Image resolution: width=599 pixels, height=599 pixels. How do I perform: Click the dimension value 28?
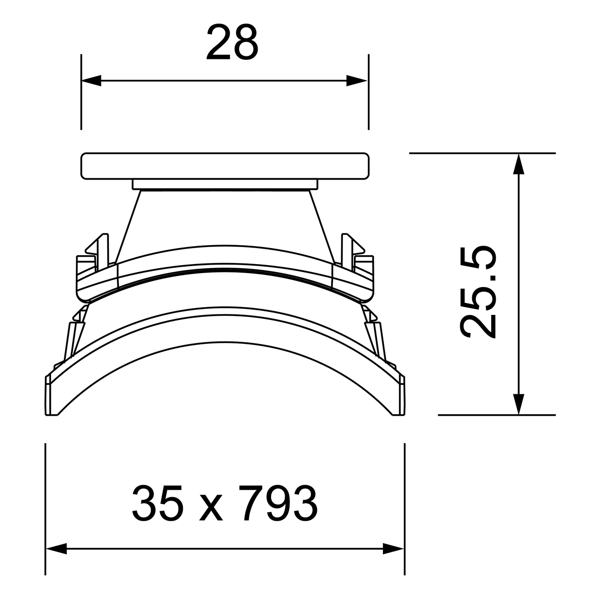232,42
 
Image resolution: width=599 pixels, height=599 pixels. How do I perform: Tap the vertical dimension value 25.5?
478,292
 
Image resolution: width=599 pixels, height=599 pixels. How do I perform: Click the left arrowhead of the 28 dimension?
91,80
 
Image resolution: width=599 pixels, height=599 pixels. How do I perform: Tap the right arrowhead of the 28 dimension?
357,80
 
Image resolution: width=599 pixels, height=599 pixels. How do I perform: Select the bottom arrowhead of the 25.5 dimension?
519,404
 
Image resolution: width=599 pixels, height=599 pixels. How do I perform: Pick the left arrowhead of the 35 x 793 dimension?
56,549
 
